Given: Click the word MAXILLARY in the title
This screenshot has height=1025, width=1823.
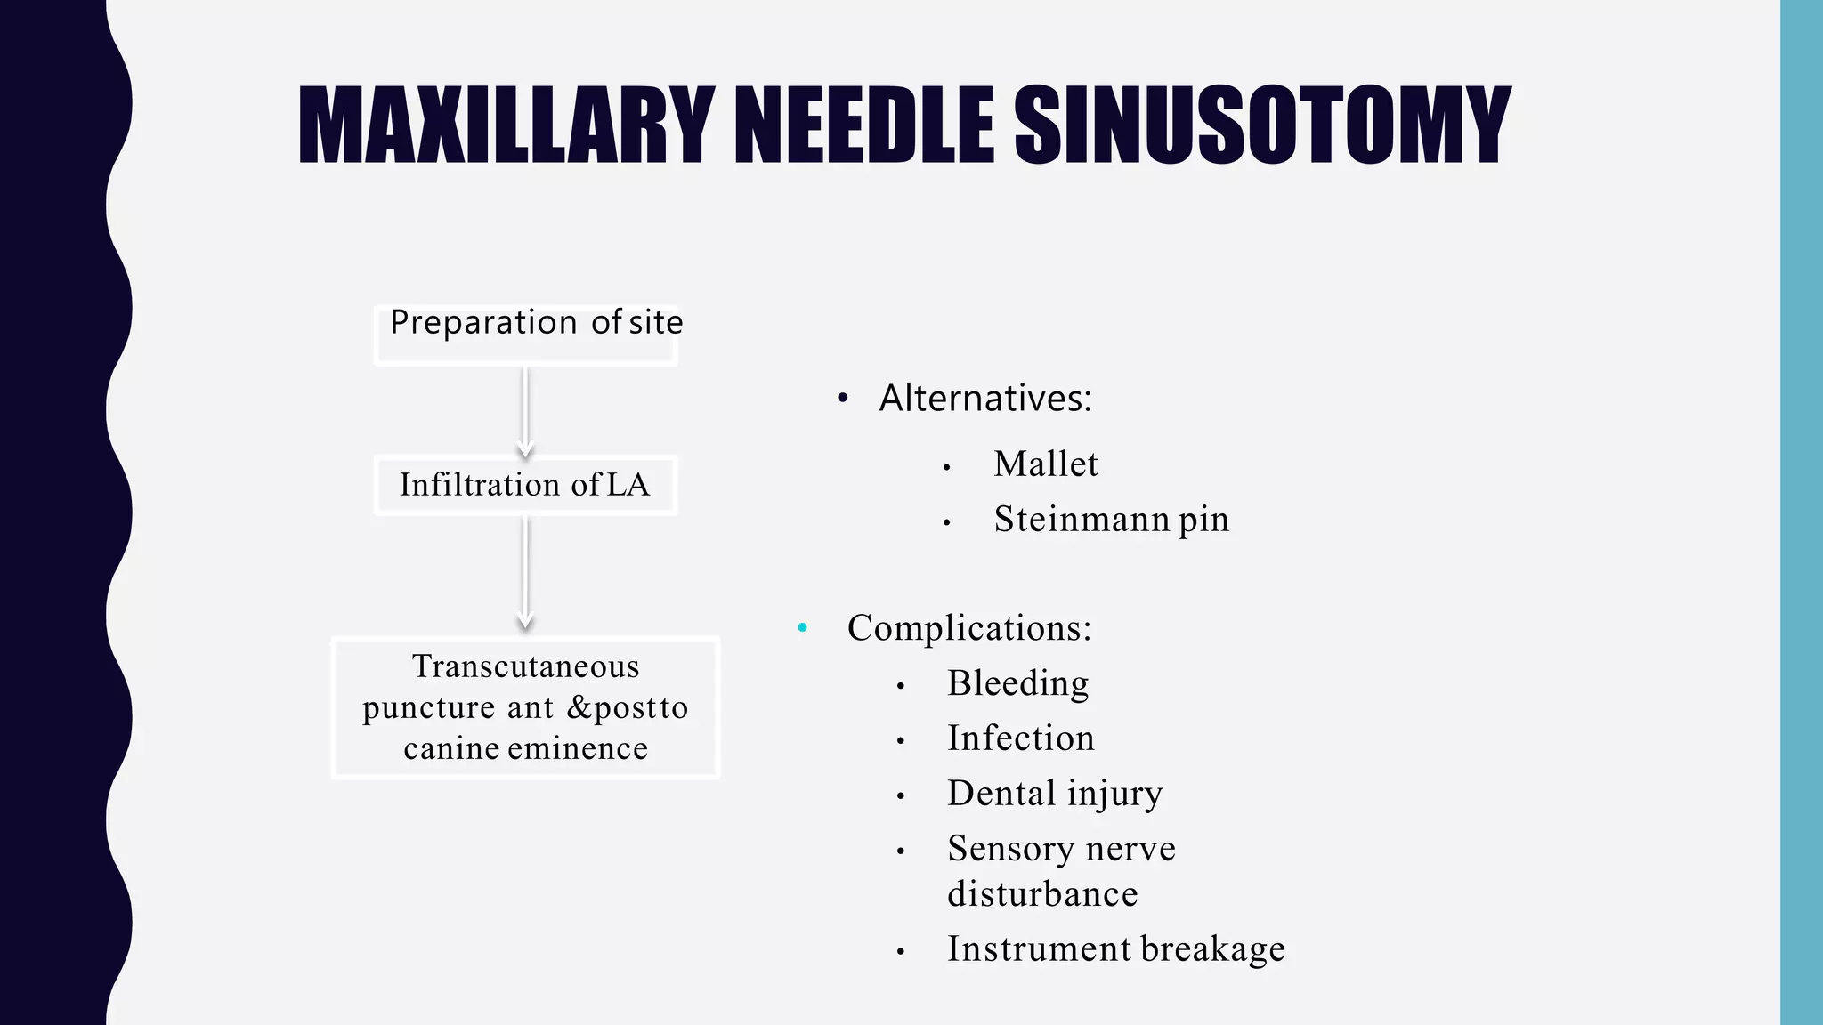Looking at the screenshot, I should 506,126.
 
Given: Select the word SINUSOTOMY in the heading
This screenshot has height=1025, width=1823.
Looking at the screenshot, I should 1261,126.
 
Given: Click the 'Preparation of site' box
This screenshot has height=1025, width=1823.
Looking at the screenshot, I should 526,334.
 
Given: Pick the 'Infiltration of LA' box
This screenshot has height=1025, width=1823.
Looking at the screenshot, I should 525,485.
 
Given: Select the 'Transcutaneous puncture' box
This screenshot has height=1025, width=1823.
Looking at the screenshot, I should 525,707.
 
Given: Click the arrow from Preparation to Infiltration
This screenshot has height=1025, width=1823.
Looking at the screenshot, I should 525,410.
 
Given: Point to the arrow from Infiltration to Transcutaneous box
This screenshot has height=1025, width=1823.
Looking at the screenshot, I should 525,572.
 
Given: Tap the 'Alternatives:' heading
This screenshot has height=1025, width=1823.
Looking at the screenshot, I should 984,398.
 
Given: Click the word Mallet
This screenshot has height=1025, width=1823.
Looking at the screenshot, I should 1046,464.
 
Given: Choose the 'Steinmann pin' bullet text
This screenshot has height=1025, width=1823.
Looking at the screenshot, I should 1111,520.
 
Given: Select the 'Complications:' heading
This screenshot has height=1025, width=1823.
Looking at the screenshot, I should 968,628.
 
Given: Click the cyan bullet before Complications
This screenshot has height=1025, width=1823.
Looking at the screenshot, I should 803,628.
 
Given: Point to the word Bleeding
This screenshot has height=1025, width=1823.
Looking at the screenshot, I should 1017,683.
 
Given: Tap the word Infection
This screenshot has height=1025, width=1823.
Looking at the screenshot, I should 1020,738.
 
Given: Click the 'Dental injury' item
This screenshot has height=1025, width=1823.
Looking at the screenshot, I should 1054,794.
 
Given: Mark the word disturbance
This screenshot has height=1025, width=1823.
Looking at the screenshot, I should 1042,894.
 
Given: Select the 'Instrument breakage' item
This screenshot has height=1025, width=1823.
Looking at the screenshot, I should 1115,949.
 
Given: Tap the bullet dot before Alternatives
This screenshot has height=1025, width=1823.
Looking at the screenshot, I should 843,399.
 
